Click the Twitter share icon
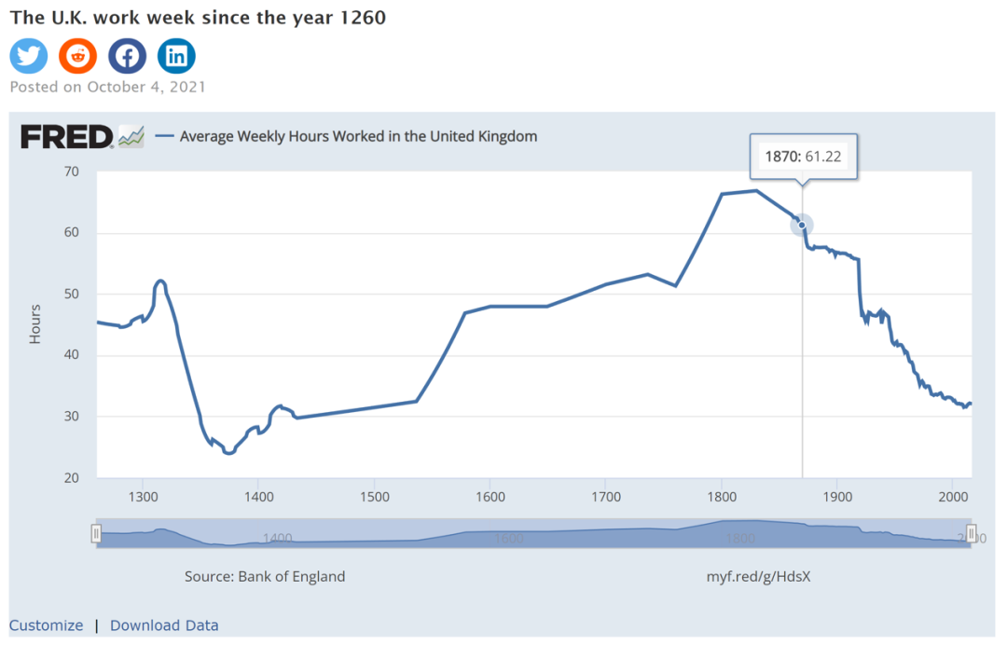point(29,56)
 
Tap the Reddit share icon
point(77,56)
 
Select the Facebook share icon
point(127,56)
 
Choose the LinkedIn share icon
point(176,56)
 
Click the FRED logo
point(67,136)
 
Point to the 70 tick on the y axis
point(71,172)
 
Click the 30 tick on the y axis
point(71,417)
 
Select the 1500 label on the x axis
point(374,496)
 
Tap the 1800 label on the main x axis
point(721,496)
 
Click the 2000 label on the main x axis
point(952,496)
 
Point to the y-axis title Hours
point(35,324)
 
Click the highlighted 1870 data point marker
point(802,225)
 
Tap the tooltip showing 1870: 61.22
point(803,157)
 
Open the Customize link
point(46,625)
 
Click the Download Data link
point(164,625)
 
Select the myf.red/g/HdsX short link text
point(758,576)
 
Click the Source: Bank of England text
point(265,576)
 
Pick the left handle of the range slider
point(95,533)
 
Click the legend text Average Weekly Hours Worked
point(358,136)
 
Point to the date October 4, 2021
point(146,87)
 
